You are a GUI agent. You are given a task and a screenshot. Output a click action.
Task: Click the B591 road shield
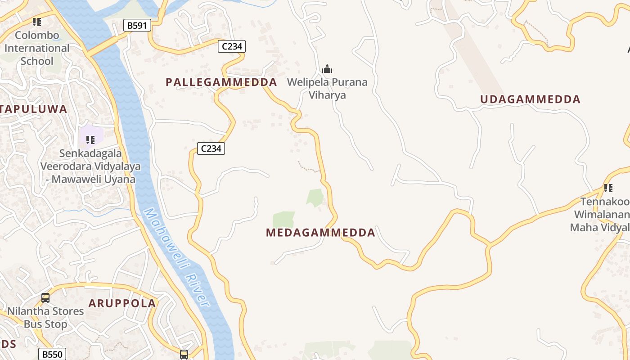(x=137, y=25)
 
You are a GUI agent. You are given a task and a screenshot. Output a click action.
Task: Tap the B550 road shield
(x=52, y=355)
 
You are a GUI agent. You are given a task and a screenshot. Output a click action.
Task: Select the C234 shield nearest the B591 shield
(x=231, y=46)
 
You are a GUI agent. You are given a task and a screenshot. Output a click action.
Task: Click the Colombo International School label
(x=37, y=48)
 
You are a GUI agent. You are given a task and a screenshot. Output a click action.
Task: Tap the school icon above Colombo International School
(x=37, y=22)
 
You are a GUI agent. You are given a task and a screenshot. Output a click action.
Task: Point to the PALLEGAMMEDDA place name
(x=221, y=82)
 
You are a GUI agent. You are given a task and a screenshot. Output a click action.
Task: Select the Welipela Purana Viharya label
(x=327, y=89)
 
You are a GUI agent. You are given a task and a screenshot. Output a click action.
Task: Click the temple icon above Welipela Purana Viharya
(x=327, y=69)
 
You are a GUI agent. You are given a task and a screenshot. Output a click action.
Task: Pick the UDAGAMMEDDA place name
(x=530, y=99)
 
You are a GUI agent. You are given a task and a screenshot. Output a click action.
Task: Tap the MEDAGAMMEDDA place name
(x=320, y=233)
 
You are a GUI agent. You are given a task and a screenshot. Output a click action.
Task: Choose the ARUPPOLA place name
(x=122, y=303)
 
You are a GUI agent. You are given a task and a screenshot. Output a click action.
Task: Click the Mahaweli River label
(x=177, y=257)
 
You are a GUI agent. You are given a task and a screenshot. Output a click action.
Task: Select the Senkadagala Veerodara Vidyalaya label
(x=90, y=166)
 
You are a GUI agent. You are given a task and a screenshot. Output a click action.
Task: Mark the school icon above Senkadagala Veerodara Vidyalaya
(x=90, y=140)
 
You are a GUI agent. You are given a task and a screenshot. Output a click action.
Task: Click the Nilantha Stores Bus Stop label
(x=45, y=317)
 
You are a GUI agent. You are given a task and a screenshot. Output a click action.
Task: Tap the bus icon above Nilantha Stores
(x=45, y=297)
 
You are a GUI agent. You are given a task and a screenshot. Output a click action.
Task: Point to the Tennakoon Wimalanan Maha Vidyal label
(x=601, y=214)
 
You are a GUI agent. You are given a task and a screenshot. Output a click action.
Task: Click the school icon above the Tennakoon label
(x=608, y=188)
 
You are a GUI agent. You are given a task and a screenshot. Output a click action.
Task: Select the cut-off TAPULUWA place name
(x=33, y=109)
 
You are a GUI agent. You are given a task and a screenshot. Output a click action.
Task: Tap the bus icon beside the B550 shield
(x=184, y=354)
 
